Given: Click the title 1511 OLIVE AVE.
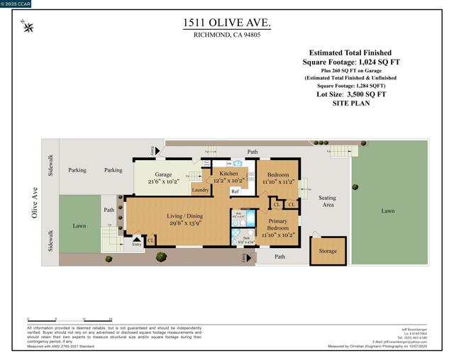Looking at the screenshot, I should pyautogui.click(x=226, y=23).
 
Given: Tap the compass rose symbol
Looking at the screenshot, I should pyautogui.click(x=28, y=28).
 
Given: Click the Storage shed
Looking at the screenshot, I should pyautogui.click(x=328, y=251).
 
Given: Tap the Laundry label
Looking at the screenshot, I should pyautogui.click(x=200, y=190).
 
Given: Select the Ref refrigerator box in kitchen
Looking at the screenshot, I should pyautogui.click(x=235, y=191).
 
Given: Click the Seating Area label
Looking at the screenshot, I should pyautogui.click(x=327, y=202).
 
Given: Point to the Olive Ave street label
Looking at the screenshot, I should pyautogui.click(x=35, y=203).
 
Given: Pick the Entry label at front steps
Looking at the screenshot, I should pyautogui.click(x=136, y=244).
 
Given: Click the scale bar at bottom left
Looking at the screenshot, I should pyautogui.click(x=70, y=320).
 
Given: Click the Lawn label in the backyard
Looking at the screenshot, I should pyautogui.click(x=387, y=210).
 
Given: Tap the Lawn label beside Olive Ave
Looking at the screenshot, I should pyautogui.click(x=79, y=226).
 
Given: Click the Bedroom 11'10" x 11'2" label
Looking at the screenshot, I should pyautogui.click(x=277, y=177).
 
